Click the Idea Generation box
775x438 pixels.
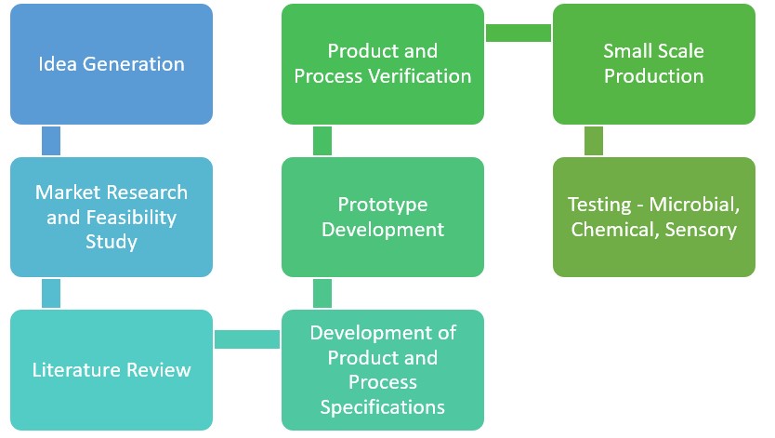click(x=112, y=64)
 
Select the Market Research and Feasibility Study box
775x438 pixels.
click(x=112, y=217)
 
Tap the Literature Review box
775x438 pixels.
click(x=112, y=370)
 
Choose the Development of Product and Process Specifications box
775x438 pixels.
click(x=383, y=370)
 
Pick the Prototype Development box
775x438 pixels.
click(x=383, y=217)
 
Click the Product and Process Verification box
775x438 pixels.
click(x=383, y=64)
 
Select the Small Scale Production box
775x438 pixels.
click(x=653, y=64)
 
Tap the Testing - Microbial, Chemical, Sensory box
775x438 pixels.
click(x=653, y=217)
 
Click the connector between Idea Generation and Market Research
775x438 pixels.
click(x=51, y=140)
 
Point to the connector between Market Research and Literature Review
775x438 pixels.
click(x=51, y=294)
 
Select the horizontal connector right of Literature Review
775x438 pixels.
click(x=247, y=339)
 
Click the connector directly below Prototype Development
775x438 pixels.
click(x=322, y=294)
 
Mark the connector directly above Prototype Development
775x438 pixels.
click(x=322, y=140)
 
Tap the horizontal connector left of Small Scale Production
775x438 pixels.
click(x=518, y=33)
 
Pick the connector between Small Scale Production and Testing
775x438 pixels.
click(x=593, y=140)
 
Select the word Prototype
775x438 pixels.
click(x=383, y=205)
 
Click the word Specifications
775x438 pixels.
click(x=383, y=407)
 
